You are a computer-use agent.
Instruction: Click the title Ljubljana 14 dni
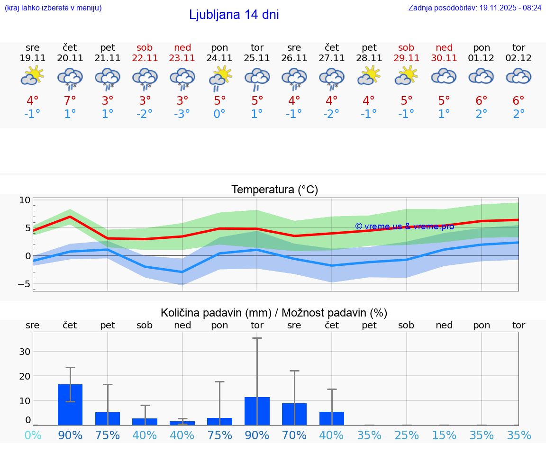coord(234,15)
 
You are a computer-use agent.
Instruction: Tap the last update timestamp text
coord(475,8)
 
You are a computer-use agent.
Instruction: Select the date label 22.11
coord(145,58)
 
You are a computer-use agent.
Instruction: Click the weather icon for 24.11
coord(220,78)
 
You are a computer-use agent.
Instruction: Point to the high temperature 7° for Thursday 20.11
coord(70,101)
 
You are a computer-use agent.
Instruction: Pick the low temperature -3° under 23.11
coord(182,114)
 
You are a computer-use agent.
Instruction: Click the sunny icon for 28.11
coord(369,76)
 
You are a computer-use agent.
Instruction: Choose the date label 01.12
coord(482,58)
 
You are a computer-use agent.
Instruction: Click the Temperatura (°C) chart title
coord(274,190)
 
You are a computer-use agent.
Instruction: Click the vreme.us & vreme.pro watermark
coord(404,226)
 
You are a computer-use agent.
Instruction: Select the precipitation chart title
coord(274,313)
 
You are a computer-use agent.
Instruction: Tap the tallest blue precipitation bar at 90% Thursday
coord(70,405)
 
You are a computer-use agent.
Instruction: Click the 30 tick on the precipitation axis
coord(25,352)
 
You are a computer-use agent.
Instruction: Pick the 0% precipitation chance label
coord(33,435)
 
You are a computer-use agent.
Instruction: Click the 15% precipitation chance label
coord(444,435)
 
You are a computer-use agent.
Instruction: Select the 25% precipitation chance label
coord(407,435)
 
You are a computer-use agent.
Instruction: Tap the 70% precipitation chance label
coord(294,435)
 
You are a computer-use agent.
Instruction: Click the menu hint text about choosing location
coord(53,8)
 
